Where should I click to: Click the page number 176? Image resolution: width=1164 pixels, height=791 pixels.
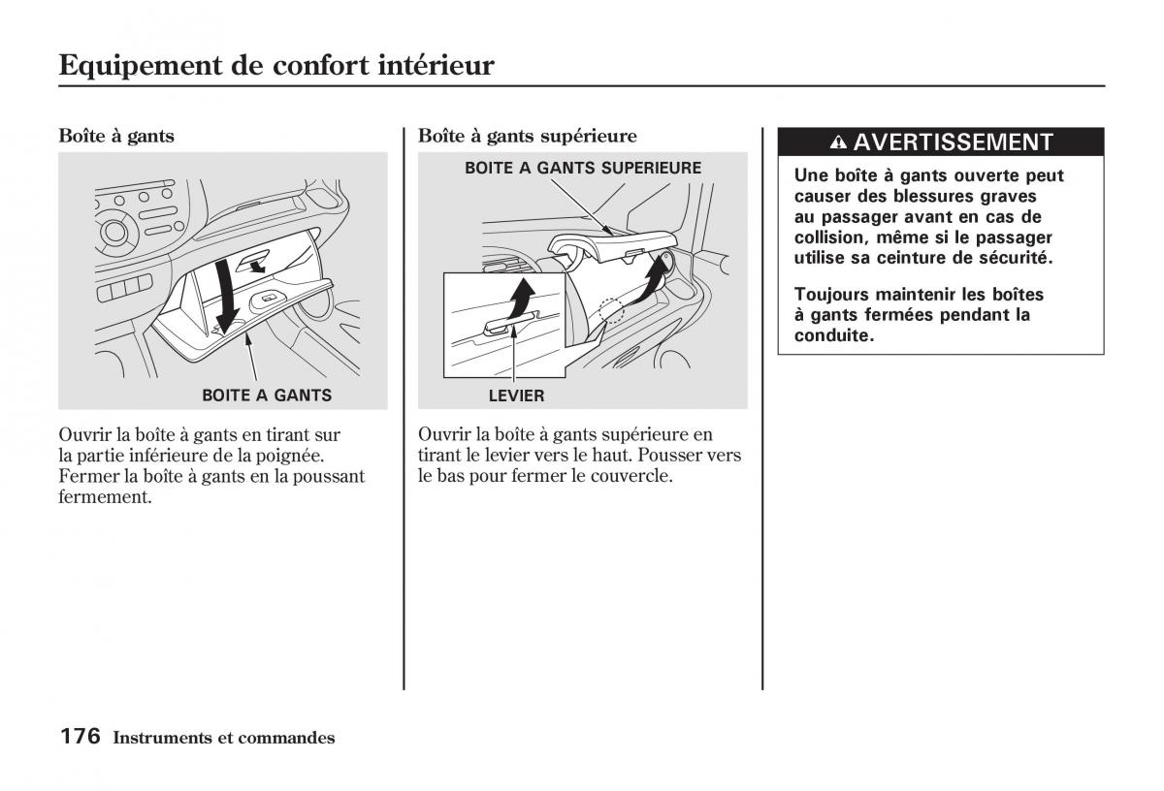coord(80,737)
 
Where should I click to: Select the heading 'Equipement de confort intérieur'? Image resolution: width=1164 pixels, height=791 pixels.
coord(276,65)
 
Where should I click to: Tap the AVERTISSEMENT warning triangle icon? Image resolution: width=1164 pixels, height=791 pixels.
coord(839,143)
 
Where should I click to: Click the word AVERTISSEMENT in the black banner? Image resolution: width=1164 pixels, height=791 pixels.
coord(953,142)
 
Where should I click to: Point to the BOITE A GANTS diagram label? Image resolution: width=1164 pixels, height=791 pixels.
coord(267,395)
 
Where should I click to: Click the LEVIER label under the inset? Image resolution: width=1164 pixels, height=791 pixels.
coord(516,395)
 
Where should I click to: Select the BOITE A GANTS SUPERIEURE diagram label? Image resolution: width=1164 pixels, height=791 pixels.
coord(583,168)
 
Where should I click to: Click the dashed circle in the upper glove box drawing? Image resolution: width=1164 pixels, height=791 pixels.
coord(611,310)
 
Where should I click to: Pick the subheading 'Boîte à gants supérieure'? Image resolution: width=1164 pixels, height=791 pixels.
coord(528,136)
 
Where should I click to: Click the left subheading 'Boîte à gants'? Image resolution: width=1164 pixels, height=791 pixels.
coord(116,136)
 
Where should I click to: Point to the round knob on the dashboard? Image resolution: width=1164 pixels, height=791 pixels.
coord(114,232)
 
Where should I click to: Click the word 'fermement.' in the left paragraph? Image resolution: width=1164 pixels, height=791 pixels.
coord(106,497)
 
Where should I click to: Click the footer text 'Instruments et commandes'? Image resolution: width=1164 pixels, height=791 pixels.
coord(224,738)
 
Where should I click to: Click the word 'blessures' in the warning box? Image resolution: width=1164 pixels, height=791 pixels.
coord(935,196)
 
